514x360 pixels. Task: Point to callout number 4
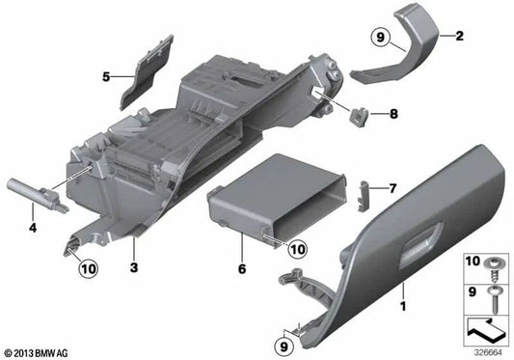tap(32, 229)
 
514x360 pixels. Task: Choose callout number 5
tap(106, 73)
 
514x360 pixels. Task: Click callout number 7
tap(392, 187)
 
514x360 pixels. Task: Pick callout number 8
tap(392, 115)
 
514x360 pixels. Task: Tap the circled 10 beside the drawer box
tap(297, 249)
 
